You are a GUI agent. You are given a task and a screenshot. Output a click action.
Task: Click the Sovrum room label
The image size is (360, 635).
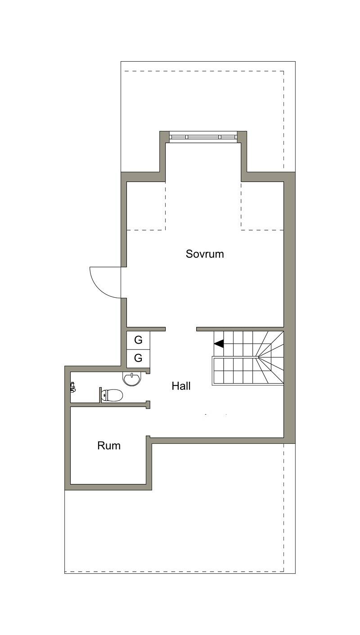pos(205,254)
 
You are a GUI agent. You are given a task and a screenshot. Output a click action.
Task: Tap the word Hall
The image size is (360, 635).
pos(181,386)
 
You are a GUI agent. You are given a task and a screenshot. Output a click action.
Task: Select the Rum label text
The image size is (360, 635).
pos(109,446)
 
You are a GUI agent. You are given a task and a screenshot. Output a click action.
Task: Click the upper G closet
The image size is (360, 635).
pos(138,340)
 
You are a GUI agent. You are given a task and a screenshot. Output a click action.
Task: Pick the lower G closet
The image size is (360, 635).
pos(138,358)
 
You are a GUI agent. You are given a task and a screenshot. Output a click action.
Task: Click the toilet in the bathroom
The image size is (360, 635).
pos(112,395)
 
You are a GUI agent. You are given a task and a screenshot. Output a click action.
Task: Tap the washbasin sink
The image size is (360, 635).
pos(131,379)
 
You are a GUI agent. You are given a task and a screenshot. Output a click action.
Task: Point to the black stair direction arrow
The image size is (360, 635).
pos(219,344)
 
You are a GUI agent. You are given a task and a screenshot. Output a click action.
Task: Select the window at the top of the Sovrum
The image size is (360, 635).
pos(203,137)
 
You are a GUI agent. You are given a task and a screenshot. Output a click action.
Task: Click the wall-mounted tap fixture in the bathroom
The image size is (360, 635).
pos(73,387)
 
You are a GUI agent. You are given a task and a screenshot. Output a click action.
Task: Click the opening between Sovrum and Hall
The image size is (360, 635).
pos(181,329)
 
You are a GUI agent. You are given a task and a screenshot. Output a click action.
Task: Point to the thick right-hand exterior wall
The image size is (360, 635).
pos(290,308)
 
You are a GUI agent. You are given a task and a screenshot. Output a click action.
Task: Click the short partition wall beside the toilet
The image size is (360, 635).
pos(100,394)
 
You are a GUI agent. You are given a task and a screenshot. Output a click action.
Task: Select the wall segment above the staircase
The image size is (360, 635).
pos(240,329)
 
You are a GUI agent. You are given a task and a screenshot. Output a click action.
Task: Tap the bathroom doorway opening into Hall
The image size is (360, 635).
pos(148,387)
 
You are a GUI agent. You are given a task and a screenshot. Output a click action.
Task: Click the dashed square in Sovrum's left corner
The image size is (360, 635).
pos(146,206)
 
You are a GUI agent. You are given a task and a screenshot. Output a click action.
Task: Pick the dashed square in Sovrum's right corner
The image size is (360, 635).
pos(262,206)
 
